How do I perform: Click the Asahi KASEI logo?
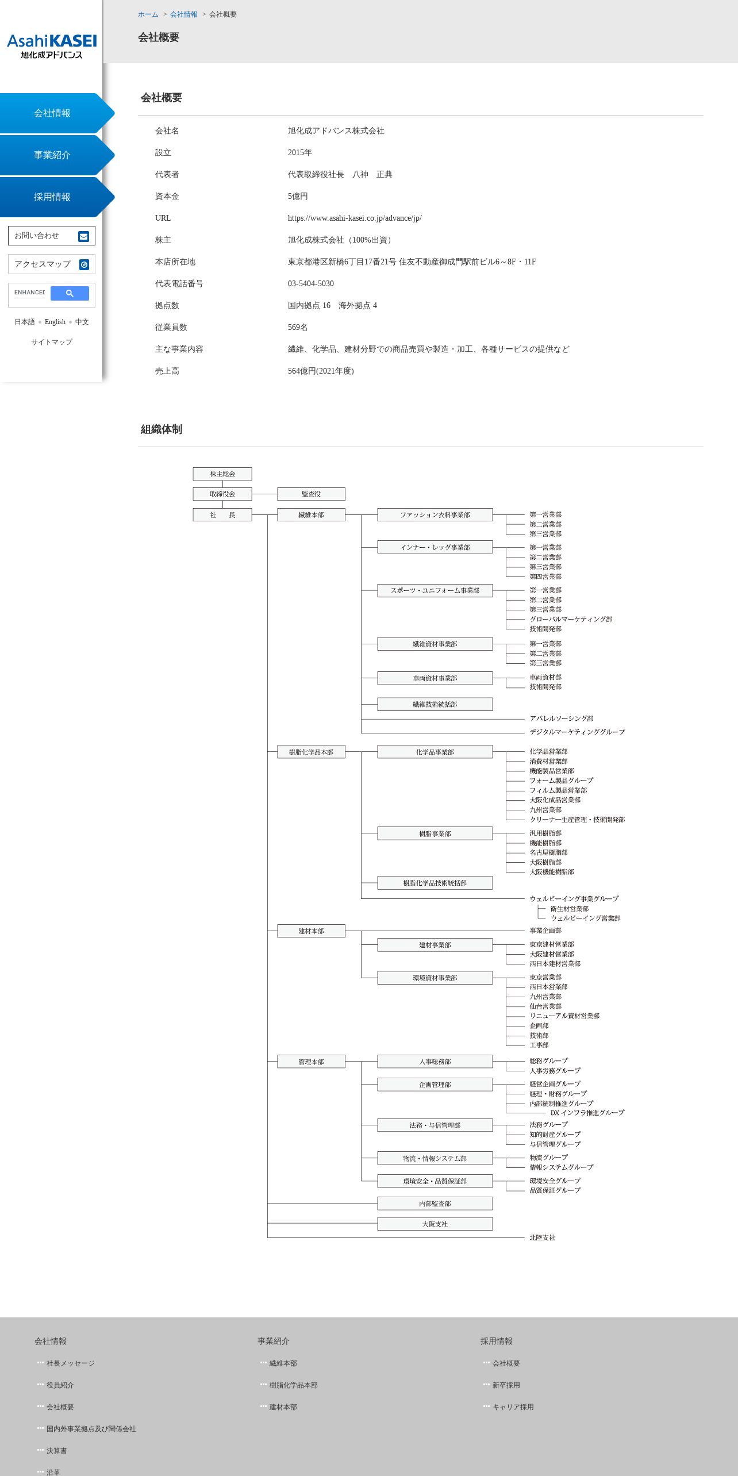52,46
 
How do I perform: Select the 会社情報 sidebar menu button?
52,113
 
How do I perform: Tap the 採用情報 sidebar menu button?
52,197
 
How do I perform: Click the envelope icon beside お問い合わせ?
84,236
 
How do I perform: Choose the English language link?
55,322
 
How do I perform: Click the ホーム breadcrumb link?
148,14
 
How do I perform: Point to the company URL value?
355,218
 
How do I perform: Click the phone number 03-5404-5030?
310,284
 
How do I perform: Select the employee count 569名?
298,328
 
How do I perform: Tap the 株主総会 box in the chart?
222,474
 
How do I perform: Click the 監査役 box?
311,494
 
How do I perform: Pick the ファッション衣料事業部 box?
435,515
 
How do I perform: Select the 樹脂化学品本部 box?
311,752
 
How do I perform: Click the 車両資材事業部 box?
435,678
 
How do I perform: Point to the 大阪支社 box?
435,1224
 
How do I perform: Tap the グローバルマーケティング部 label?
571,619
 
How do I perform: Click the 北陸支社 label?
542,1237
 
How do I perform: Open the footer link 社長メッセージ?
70,1363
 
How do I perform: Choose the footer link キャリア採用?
513,1407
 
